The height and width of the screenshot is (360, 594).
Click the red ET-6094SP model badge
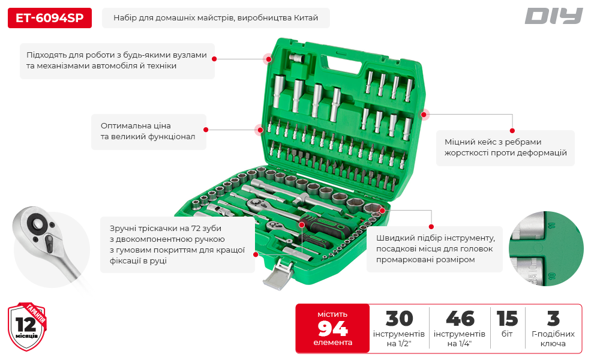50,18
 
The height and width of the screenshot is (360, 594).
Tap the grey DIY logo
553,16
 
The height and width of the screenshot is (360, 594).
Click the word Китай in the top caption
306,18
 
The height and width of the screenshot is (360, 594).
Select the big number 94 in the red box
332,329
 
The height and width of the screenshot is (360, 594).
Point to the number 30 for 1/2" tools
399,319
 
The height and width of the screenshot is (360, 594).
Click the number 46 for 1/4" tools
460,319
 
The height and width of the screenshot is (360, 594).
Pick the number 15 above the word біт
507,319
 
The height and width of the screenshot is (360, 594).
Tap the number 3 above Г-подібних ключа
553,319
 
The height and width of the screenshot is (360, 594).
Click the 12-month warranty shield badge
27,326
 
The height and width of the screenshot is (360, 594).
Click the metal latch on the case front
279,274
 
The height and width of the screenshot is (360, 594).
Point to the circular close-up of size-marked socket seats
546,248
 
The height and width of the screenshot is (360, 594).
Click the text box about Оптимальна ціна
149,131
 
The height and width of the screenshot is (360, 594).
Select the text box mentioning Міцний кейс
505,148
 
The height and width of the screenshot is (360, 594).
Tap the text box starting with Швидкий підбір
434,249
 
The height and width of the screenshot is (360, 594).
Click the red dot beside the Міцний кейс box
512,131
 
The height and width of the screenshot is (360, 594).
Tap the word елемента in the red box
332,343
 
